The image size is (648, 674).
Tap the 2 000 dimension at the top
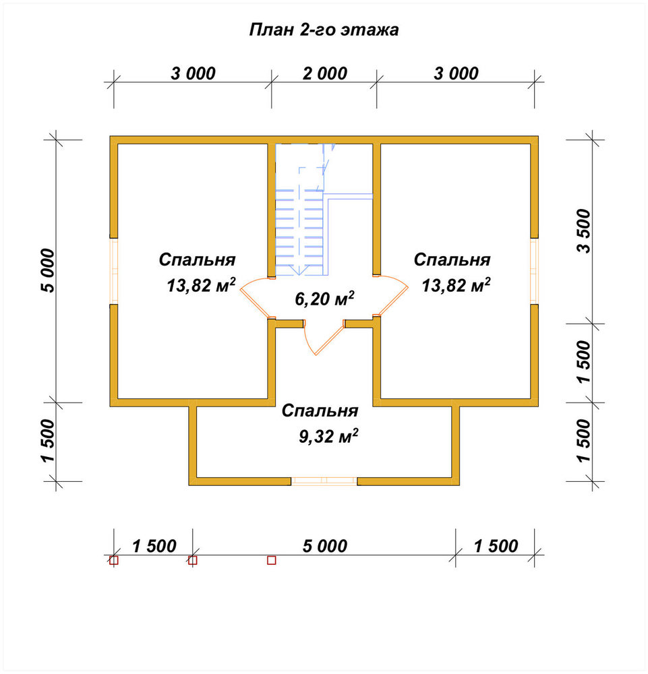pyautogui.click(x=324, y=73)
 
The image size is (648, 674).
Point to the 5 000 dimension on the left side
pyautogui.click(x=48, y=271)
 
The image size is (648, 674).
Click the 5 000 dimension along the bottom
pyautogui.click(x=324, y=546)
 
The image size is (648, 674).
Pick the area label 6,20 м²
pyautogui.click(x=324, y=298)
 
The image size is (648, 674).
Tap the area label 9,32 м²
pyautogui.click(x=328, y=436)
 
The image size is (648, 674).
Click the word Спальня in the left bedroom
pyautogui.click(x=197, y=259)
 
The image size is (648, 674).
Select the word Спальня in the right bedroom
pyautogui.click(x=452, y=259)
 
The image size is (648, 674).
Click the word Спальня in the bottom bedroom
pyautogui.click(x=320, y=411)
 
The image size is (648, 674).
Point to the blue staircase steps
pyautogui.click(x=299, y=232)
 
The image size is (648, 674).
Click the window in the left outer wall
pyautogui.click(x=113, y=271)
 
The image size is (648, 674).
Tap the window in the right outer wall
pyautogui.click(x=534, y=271)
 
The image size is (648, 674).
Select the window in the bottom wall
pyautogui.click(x=324, y=481)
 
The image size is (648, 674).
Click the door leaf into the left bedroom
pyautogui.click(x=255, y=303)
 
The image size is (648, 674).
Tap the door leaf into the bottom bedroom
pyautogui.click(x=329, y=340)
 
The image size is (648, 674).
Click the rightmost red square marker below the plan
pyautogui.click(x=271, y=560)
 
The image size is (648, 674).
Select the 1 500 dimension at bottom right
pyautogui.click(x=496, y=546)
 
